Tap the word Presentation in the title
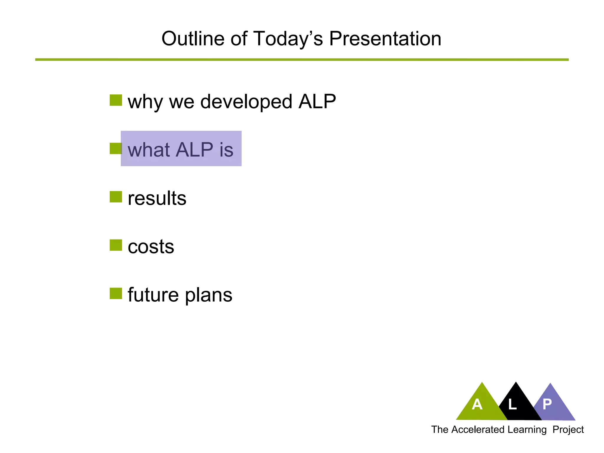pyautogui.click(x=385, y=39)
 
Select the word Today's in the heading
pyautogui.click(x=288, y=39)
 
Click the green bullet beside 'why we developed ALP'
pyautogui.click(x=116, y=100)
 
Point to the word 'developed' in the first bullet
pyautogui.click(x=246, y=102)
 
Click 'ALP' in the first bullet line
pyautogui.click(x=317, y=102)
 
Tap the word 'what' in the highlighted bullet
pyautogui.click(x=148, y=150)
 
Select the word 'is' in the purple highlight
pyautogui.click(x=226, y=150)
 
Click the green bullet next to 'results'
pyautogui.click(x=116, y=197)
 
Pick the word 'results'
pyautogui.click(x=157, y=198)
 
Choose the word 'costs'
pyautogui.click(x=151, y=247)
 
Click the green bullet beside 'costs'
pyautogui.click(x=116, y=245)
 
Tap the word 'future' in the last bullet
pyautogui.click(x=153, y=295)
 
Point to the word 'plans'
pyautogui.click(x=209, y=295)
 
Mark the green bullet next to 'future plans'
pyautogui.click(x=116, y=293)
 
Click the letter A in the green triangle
pyautogui.click(x=477, y=404)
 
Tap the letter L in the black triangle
pyautogui.click(x=513, y=404)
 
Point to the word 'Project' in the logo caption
pyautogui.click(x=568, y=430)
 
